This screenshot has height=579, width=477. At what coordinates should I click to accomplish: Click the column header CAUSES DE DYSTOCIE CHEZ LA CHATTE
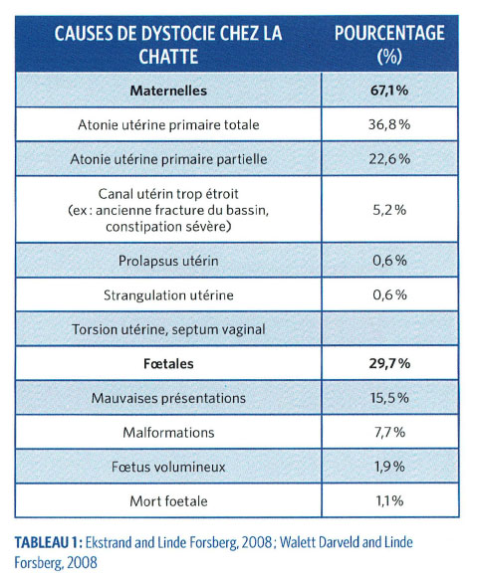pyautogui.click(x=167, y=46)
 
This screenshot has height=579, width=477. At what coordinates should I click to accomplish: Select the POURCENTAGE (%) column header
pyautogui.click(x=389, y=46)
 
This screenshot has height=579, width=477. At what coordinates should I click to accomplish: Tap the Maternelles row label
pyautogui.click(x=167, y=91)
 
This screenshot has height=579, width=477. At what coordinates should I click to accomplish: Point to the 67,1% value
pyautogui.click(x=389, y=91)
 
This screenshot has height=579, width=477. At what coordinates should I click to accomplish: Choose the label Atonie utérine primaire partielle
pyautogui.click(x=167, y=158)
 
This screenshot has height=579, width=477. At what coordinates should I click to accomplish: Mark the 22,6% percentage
pyautogui.click(x=389, y=158)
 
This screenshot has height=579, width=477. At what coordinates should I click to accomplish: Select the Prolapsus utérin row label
pyautogui.click(x=167, y=262)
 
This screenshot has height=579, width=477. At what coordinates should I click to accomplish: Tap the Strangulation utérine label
pyautogui.click(x=167, y=295)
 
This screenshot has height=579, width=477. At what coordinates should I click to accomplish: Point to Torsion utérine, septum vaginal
pyautogui.click(x=167, y=329)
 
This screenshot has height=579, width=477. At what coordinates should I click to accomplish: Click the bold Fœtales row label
pyautogui.click(x=167, y=364)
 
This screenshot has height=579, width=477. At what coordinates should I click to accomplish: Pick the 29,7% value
pyautogui.click(x=389, y=364)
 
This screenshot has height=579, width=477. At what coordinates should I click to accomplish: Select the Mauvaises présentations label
pyautogui.click(x=167, y=398)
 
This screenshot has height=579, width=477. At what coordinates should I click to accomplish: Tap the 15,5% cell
pyautogui.click(x=389, y=398)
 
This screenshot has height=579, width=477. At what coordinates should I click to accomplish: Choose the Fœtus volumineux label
pyautogui.click(x=167, y=466)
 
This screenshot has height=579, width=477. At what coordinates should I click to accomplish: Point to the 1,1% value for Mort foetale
pyautogui.click(x=389, y=500)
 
